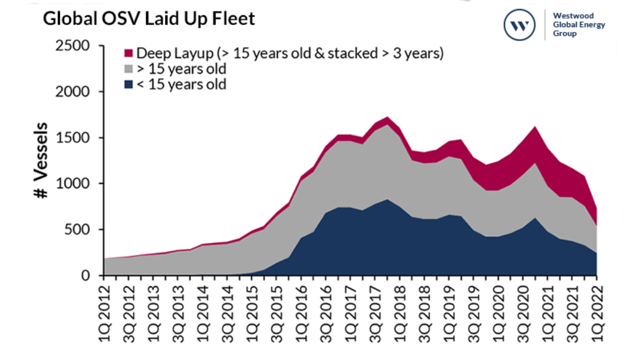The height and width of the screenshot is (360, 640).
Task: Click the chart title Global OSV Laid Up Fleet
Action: (149, 19)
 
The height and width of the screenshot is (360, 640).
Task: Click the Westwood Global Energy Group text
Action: (579, 25)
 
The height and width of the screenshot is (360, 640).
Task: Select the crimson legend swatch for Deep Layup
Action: (129, 53)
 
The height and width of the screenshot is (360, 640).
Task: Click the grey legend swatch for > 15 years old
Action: (129, 69)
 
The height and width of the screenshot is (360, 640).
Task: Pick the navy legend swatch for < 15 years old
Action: (129, 84)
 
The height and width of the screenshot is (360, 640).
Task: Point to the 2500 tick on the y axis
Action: (75, 46)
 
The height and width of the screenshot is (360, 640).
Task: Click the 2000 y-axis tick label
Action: (75, 92)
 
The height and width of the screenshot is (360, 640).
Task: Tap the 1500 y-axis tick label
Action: (75, 138)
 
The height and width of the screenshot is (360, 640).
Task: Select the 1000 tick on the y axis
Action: (75, 183)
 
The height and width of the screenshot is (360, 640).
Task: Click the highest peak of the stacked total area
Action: (387, 117)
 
